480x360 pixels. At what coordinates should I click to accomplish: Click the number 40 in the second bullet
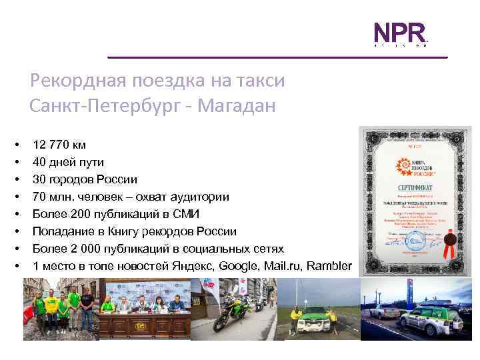[x=39, y=162]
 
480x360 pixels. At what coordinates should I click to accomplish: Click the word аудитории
[x=199, y=197]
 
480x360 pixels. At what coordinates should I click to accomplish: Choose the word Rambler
[x=329, y=266]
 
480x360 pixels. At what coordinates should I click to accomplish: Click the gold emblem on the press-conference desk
[x=141, y=327]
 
